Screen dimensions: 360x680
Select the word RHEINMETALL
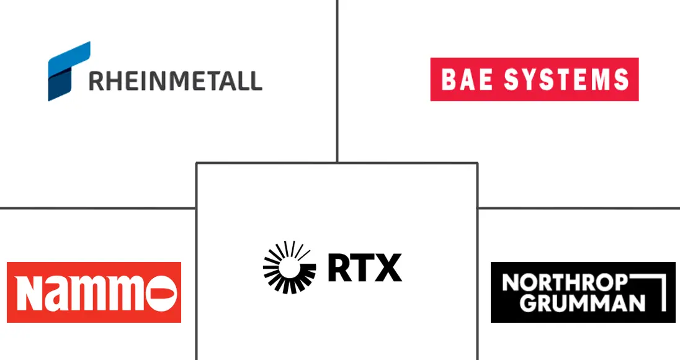pyautogui.click(x=176, y=81)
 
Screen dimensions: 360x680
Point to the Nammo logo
pyautogui.click(x=94, y=292)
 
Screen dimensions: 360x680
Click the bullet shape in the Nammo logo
pyautogui.click(x=164, y=292)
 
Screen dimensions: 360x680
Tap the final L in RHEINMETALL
pyautogui.click(x=256, y=81)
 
